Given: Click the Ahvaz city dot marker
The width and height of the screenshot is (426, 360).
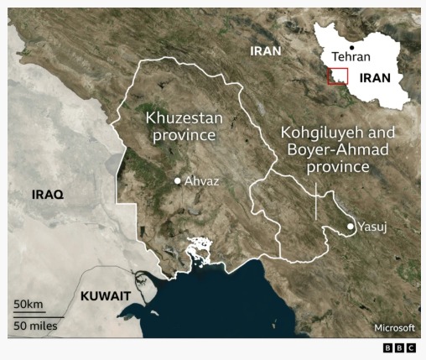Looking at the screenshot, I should [x=178, y=180].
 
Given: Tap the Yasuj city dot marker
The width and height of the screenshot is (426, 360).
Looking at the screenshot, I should [x=351, y=227].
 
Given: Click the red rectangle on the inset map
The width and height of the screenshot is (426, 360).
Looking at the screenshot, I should [x=337, y=76].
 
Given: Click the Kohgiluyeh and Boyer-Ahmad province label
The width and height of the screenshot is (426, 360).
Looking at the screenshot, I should [x=326, y=150].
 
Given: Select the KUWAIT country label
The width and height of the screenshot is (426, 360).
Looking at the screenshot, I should [x=105, y=295].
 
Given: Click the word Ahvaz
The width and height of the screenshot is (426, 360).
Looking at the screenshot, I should [x=201, y=180].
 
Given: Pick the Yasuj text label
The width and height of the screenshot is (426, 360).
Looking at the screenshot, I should [x=372, y=227].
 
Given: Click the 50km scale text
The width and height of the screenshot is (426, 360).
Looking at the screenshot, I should [x=28, y=304].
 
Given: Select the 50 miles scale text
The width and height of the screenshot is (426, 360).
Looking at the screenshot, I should [x=35, y=324].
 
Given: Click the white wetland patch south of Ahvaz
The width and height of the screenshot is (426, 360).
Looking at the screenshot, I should [x=200, y=250].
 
